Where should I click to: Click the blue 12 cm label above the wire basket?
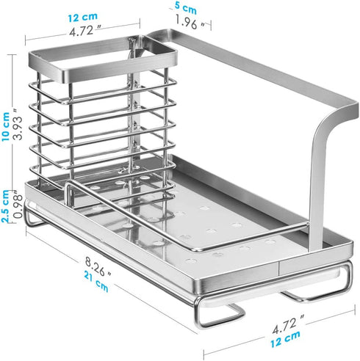tap(82, 17)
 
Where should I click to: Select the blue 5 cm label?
tap(186, 9)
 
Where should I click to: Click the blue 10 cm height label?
tap(5, 126)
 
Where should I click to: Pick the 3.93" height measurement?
tap(18, 124)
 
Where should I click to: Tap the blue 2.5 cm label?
tap(5, 206)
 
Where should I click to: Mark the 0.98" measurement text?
tap(18, 205)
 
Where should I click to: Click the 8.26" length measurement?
tap(98, 266)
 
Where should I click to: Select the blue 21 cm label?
tap(96, 281)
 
